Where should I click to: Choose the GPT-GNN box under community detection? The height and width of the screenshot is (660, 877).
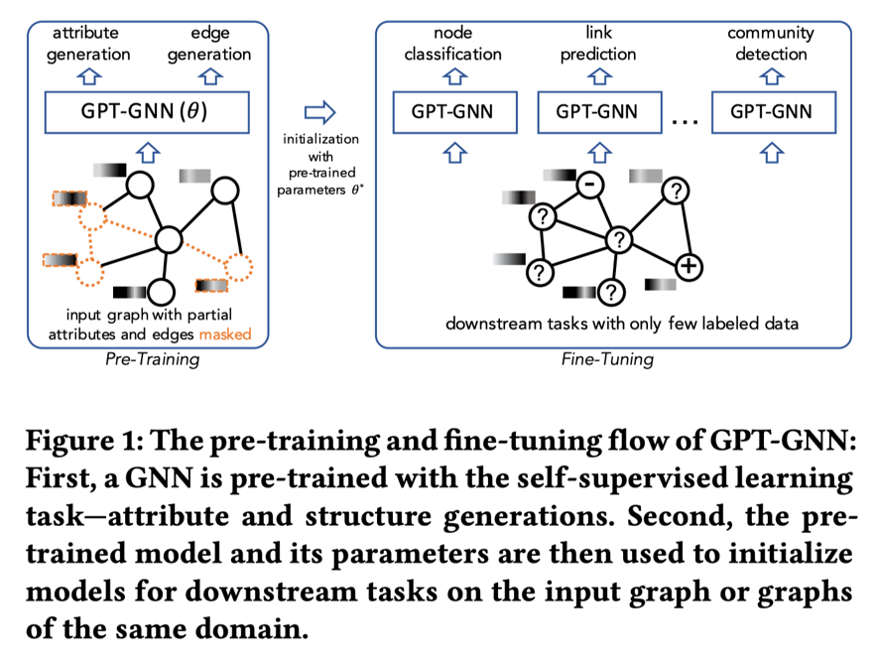point(772,110)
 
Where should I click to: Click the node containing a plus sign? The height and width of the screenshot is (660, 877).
point(689,265)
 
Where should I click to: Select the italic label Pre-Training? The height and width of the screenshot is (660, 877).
point(152,359)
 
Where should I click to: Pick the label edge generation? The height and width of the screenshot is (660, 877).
point(209,44)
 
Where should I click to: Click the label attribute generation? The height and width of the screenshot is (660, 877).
point(89,44)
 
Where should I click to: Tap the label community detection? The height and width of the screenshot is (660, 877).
point(771,44)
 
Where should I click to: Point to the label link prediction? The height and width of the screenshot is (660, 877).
point(597,44)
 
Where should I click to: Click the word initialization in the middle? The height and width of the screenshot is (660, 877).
point(320,139)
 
